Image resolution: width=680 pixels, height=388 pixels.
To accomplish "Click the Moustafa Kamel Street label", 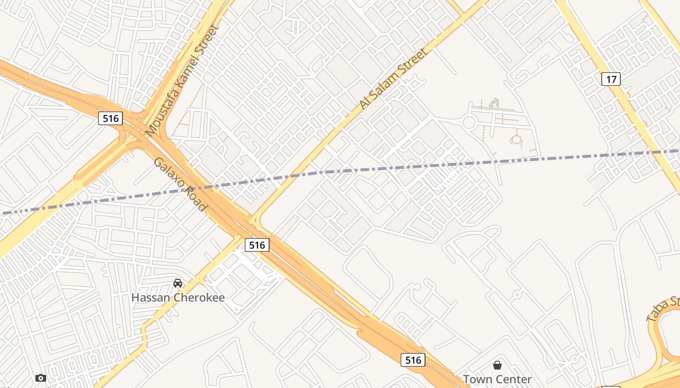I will tap(183, 81).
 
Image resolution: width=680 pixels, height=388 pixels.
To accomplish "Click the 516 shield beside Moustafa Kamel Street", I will tap(111, 118).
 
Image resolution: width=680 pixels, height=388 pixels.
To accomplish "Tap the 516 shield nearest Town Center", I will tap(413, 359).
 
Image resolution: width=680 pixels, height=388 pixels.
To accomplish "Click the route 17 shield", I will tap(611, 79).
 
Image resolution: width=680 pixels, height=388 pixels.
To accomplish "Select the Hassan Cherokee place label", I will tap(178, 297).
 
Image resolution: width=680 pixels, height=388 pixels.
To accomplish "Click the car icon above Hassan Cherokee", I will tap(178, 283).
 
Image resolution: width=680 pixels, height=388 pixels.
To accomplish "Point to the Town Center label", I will tap(497, 379).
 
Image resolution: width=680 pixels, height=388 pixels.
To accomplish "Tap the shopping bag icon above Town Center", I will tap(497, 365).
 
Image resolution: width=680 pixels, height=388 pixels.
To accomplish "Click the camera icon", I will tap(41, 378).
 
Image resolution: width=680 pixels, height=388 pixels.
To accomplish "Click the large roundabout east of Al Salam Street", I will tap(469, 122).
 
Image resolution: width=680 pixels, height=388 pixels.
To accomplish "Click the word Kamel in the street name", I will tap(189, 69).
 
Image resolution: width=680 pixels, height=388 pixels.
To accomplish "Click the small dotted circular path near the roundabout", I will tap(515, 141).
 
